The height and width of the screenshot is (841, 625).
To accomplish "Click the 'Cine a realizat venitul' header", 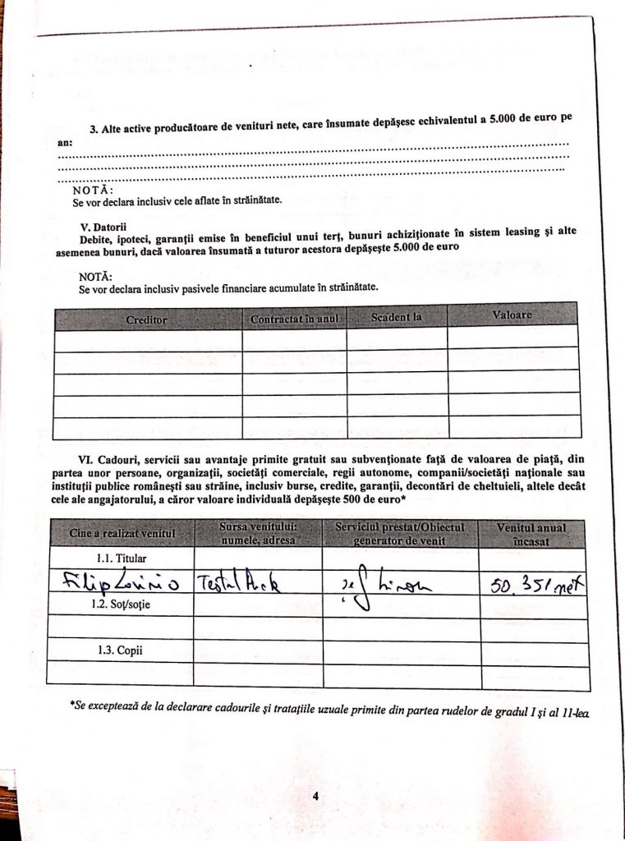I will (122, 535).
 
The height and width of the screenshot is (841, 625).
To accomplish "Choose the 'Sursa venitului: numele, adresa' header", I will (258, 533).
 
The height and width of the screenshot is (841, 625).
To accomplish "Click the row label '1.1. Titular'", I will (122, 558).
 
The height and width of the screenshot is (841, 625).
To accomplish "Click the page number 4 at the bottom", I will (315, 795).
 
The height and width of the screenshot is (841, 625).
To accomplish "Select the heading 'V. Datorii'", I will (103, 226).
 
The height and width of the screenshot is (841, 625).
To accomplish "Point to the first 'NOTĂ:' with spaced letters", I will (94, 190).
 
